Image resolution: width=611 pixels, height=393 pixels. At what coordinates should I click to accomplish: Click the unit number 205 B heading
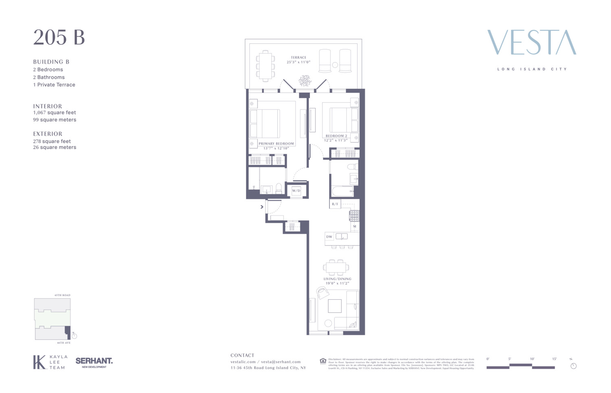click(59, 37)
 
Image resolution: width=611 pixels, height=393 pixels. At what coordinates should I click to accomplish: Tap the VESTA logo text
click(532, 42)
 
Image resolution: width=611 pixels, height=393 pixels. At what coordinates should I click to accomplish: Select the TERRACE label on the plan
click(299, 58)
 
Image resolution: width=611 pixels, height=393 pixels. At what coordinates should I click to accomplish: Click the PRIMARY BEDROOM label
click(276, 144)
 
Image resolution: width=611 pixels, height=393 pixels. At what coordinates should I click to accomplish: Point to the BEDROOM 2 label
click(336, 136)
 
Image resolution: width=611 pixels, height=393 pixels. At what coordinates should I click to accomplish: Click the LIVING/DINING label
click(337, 279)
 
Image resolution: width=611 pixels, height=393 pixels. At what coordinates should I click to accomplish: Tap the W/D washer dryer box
click(296, 191)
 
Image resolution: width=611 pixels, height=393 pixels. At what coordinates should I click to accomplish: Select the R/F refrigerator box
click(335, 204)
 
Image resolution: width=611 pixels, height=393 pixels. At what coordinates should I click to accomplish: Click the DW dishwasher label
click(329, 237)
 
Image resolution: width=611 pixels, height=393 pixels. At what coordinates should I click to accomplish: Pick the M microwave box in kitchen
click(355, 226)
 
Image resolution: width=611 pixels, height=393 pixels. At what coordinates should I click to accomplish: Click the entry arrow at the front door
click(262, 207)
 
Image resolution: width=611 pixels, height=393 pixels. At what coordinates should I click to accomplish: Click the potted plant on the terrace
click(305, 81)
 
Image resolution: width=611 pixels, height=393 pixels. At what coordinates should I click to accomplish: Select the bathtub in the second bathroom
click(342, 191)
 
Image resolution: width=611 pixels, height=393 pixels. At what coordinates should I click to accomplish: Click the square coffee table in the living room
click(335, 306)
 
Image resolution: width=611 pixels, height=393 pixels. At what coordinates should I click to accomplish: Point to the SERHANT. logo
click(94, 361)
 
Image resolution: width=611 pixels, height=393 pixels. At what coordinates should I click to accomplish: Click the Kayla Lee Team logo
click(49, 362)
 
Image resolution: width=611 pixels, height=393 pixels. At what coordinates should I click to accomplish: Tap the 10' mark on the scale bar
click(532, 359)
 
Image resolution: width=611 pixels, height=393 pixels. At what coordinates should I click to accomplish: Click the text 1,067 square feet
click(55, 113)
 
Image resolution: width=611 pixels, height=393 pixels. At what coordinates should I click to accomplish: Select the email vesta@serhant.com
click(281, 362)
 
